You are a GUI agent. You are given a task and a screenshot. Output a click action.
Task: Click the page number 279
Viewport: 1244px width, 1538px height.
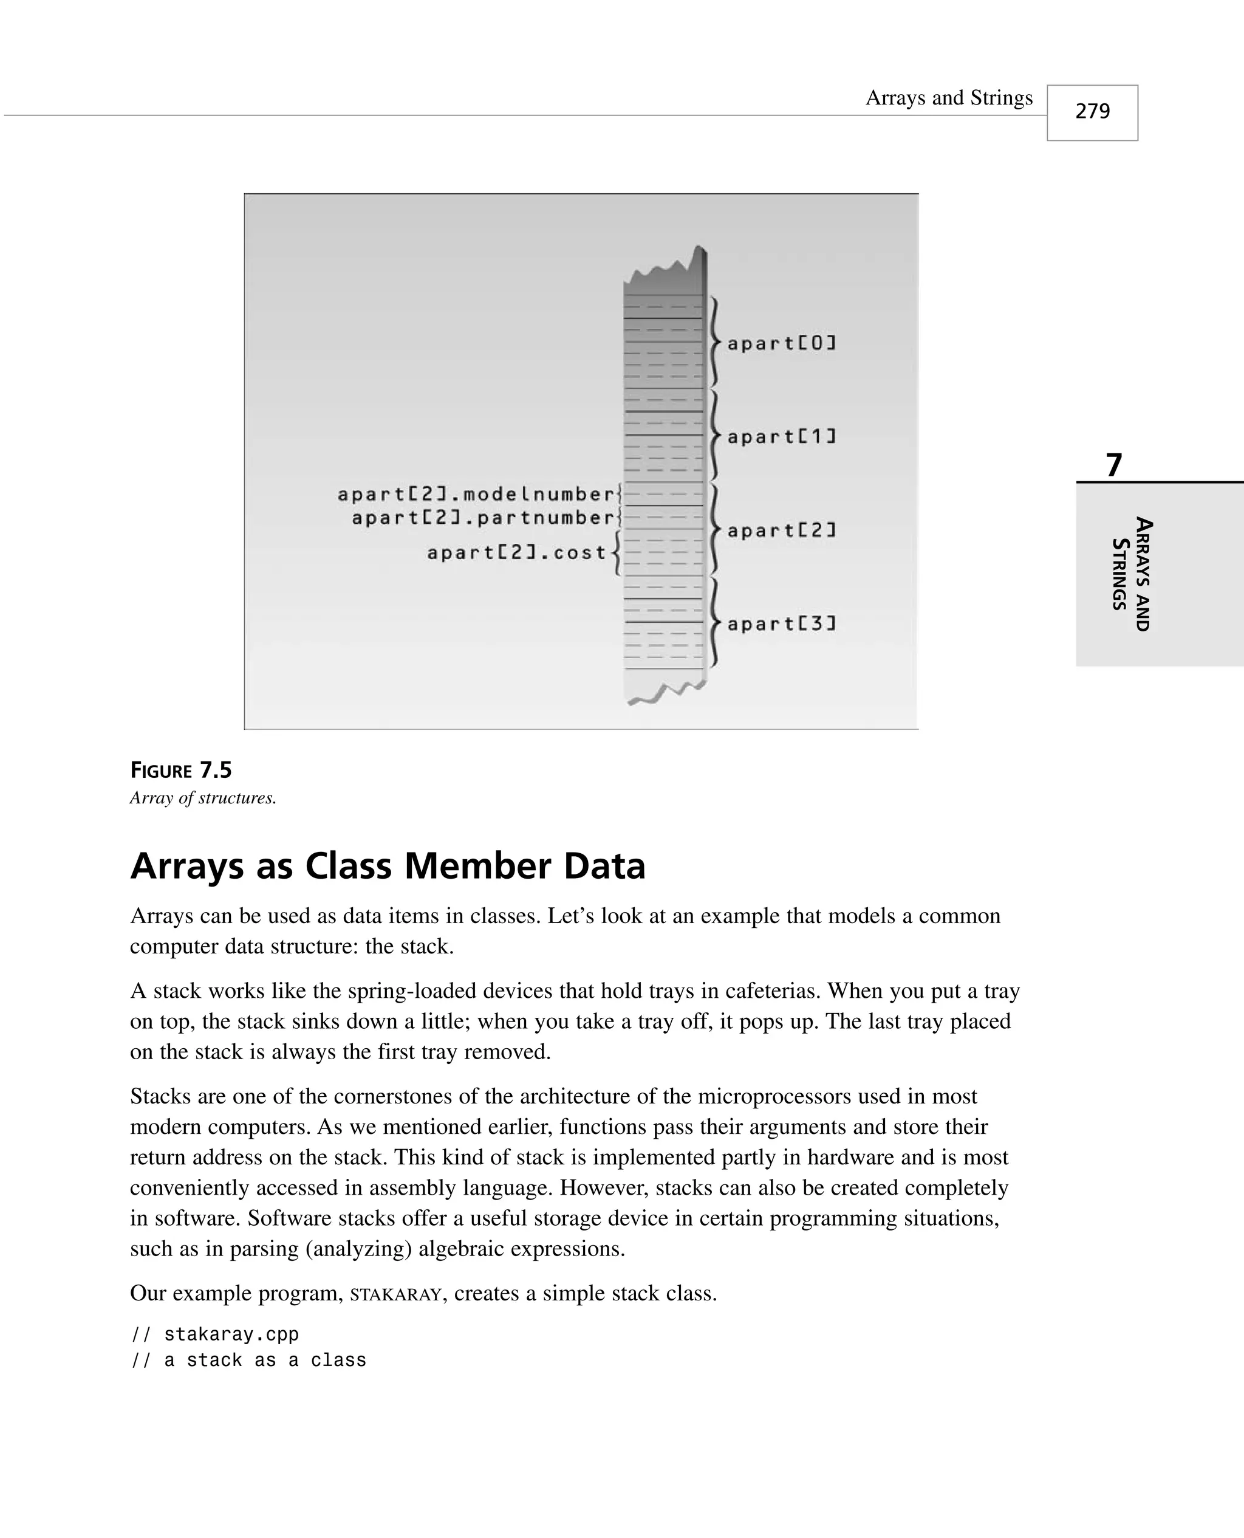click(x=1092, y=111)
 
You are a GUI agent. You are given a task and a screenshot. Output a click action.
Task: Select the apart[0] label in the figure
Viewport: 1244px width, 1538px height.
click(x=782, y=343)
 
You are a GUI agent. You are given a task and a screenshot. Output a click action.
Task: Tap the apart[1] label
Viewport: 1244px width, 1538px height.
click(x=782, y=436)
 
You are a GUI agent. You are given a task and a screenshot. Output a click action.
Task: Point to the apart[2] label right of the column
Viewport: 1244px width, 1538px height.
click(x=782, y=530)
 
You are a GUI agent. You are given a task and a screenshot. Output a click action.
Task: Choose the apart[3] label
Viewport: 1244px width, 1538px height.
click(x=782, y=623)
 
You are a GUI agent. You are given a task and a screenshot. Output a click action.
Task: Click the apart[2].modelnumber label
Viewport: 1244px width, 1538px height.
click(x=476, y=494)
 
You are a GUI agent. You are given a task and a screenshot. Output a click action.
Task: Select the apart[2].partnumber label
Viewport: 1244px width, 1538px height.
click(x=483, y=518)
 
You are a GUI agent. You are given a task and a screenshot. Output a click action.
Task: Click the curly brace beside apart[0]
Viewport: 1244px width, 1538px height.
click(x=714, y=343)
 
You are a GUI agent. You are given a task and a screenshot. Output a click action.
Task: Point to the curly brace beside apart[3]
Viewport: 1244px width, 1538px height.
click(x=714, y=623)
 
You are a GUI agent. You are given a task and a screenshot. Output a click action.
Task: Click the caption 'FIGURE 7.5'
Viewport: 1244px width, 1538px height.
click(x=180, y=771)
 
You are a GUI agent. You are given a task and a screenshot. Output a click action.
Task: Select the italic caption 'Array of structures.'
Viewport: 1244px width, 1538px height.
click(x=203, y=798)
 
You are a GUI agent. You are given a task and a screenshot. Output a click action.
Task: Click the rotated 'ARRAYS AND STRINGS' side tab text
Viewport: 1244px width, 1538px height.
click(x=1132, y=574)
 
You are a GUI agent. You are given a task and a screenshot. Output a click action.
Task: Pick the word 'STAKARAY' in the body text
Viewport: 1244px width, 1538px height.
click(x=395, y=1294)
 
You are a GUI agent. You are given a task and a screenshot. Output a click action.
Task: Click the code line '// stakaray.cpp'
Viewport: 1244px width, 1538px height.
click(x=215, y=1334)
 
